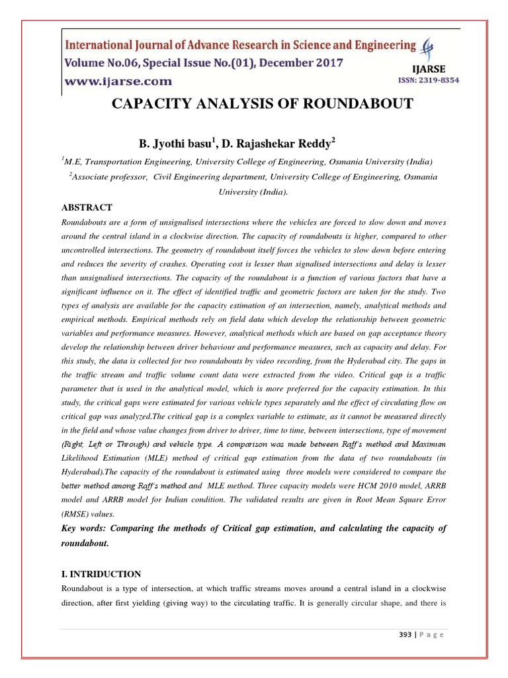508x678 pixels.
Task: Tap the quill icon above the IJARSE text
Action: tap(431, 48)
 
